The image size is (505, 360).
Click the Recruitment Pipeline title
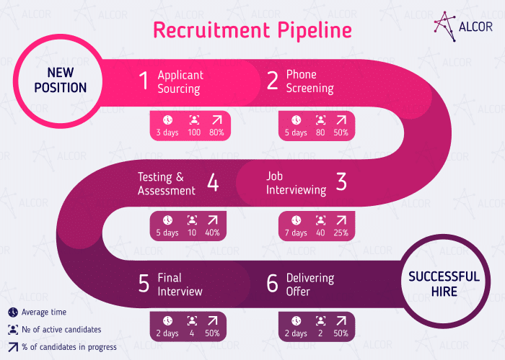252,30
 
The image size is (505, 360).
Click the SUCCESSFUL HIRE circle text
443,283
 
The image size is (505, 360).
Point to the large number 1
144,81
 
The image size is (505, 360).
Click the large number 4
213,183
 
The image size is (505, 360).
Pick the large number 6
272,284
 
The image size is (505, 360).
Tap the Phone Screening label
309,81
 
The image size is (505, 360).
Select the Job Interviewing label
296,183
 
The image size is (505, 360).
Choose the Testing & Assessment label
167,184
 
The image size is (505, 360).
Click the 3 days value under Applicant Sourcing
167,132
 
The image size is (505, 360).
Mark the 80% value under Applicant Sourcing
216,132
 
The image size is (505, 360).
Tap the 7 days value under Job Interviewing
296,233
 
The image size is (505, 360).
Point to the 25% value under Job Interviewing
341,233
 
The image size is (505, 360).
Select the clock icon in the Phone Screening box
296,120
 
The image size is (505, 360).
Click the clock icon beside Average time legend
13,312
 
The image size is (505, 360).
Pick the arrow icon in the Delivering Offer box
341,321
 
